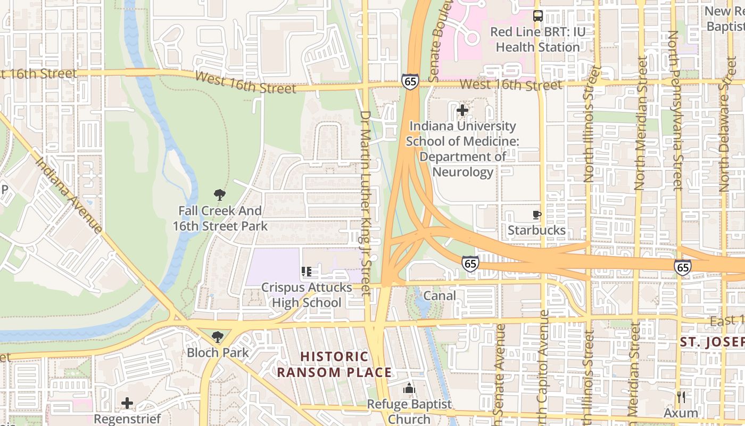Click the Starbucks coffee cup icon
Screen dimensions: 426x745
tap(537, 215)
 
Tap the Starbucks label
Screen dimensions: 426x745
tap(536, 230)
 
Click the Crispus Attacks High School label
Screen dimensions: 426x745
tap(307, 295)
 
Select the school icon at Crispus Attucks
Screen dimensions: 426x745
tap(307, 272)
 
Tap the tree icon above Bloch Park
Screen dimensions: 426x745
tap(217, 337)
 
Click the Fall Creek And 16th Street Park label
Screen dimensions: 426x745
tap(220, 218)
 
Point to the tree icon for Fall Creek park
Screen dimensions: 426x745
tap(219, 195)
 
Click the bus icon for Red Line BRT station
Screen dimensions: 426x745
tap(538, 16)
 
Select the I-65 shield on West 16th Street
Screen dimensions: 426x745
tap(410, 81)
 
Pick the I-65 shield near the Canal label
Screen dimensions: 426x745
tap(470, 263)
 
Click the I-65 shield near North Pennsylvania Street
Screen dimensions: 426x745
tap(682, 267)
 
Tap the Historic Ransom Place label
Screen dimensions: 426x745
tap(334, 364)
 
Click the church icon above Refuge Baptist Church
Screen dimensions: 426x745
tap(409, 389)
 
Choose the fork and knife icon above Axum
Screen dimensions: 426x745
tap(681, 397)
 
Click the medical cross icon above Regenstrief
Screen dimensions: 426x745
tap(127, 403)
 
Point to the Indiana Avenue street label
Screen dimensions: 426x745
tap(69, 195)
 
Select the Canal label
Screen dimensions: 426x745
tap(440, 296)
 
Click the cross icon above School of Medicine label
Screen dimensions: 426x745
tap(462, 111)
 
